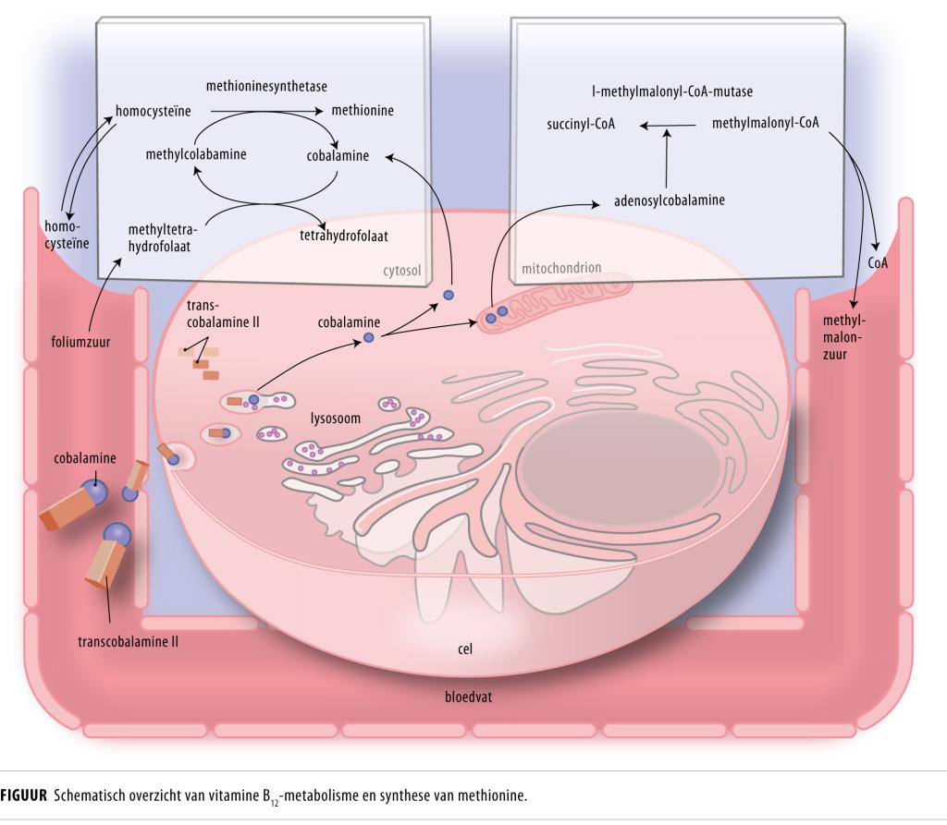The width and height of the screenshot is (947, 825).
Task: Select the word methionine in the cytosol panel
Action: tap(363, 111)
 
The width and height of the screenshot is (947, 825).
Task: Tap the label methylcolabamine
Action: tap(196, 154)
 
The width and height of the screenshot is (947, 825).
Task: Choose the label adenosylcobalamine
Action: tap(669, 199)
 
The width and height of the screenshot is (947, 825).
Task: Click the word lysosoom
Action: tap(335, 419)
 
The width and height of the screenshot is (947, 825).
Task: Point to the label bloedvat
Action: tap(468, 696)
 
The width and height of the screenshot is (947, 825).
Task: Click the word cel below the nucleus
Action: tap(465, 649)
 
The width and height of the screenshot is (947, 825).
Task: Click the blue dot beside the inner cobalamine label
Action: tap(369, 338)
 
